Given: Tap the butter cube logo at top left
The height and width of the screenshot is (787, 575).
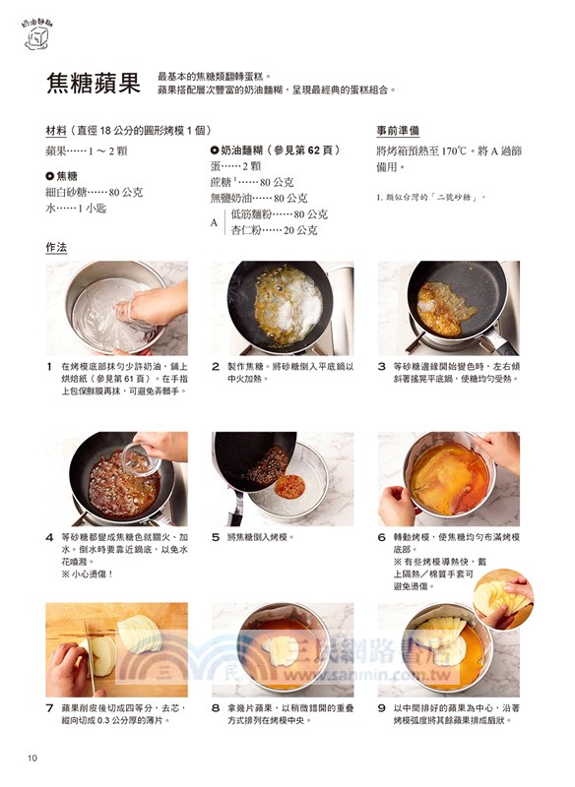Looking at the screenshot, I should pyautogui.click(x=38, y=36).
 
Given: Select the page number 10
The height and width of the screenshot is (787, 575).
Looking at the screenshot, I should pyautogui.click(x=32, y=757).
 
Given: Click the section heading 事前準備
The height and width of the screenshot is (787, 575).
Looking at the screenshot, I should pyautogui.click(x=399, y=130).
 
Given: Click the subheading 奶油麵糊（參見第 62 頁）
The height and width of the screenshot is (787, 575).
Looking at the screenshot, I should pyautogui.click(x=275, y=150).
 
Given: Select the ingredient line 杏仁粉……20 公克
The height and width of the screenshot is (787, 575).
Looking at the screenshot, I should pyautogui.click(x=274, y=230).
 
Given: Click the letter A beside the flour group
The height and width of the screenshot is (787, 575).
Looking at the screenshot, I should pyautogui.click(x=214, y=222).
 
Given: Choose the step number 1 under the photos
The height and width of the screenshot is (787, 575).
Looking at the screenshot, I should pyautogui.click(x=49, y=366).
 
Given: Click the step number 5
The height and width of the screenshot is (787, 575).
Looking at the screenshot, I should pyautogui.click(x=215, y=537).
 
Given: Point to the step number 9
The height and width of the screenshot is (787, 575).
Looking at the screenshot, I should pyautogui.click(x=381, y=706).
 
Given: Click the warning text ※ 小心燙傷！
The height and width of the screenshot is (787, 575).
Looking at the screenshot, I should pyautogui.click(x=87, y=574).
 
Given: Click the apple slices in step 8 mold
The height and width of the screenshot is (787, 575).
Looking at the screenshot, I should pyautogui.click(x=284, y=648).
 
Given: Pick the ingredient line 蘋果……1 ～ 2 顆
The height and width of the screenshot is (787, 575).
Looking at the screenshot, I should pyautogui.click(x=87, y=151).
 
